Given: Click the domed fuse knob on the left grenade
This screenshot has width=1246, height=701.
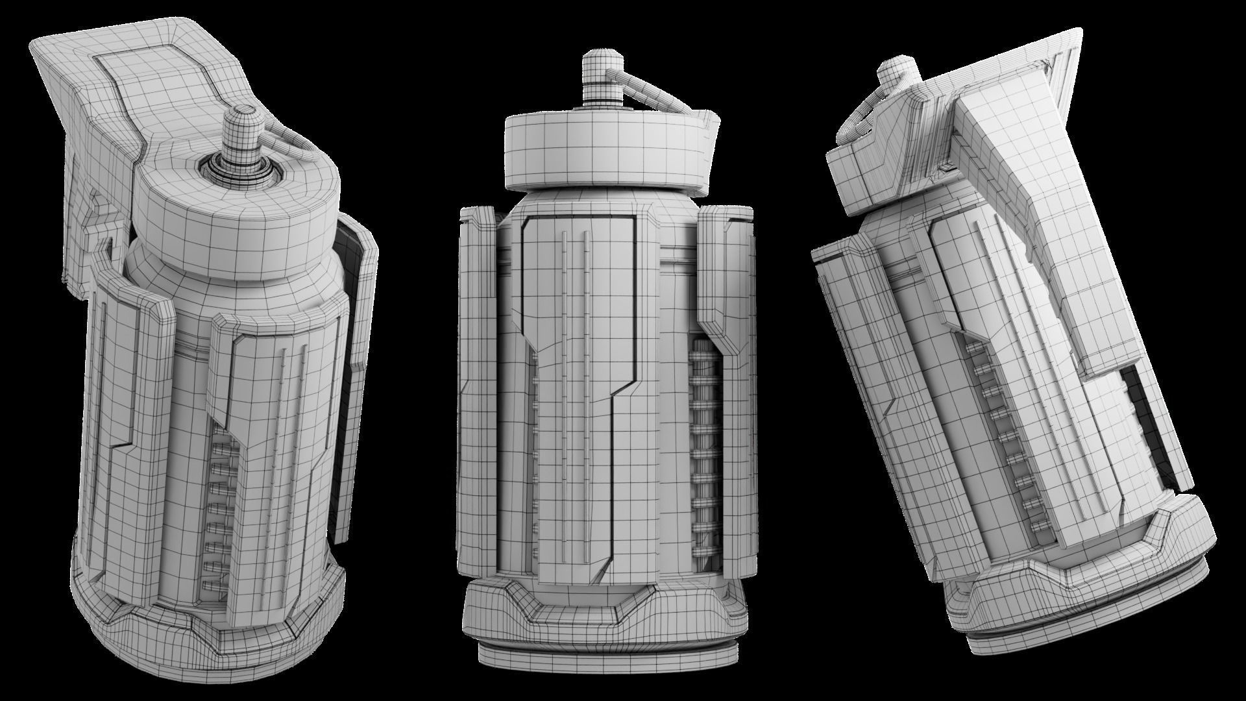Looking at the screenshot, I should click(x=242, y=133).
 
